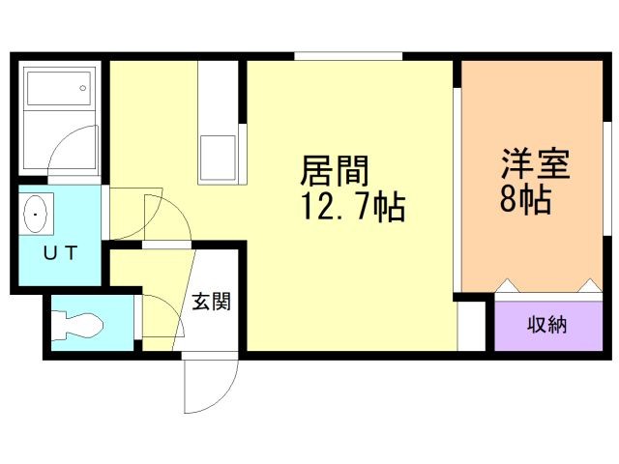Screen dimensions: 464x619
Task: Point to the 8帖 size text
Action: [525, 200]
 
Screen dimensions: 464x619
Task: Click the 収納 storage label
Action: [546, 324]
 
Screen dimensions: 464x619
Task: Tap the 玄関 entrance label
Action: [210, 302]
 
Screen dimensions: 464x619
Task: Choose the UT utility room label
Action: [59, 254]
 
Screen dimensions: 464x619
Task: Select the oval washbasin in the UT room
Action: [38, 213]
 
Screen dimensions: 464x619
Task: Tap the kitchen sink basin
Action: [220, 158]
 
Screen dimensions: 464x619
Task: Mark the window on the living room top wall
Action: [348, 57]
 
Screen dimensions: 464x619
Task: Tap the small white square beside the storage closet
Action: [471, 326]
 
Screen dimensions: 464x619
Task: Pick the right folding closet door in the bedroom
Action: [588, 286]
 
